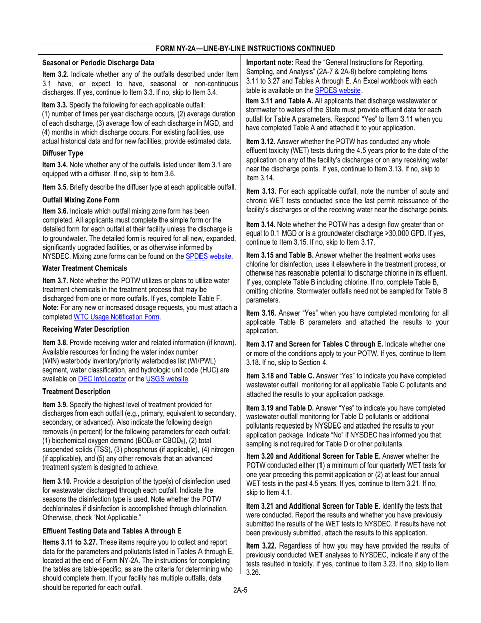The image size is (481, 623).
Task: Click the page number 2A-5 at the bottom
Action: [x=240, y=591]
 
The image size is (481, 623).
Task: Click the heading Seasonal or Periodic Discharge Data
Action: [x=98, y=63]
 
